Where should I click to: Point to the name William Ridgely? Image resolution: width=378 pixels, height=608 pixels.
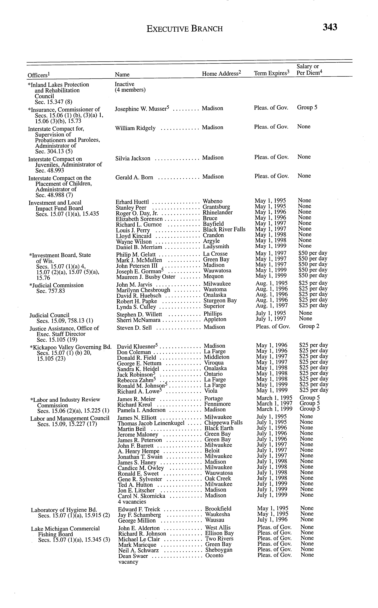pos(135,128)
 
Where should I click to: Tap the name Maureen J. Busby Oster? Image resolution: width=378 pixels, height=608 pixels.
pos(146,277)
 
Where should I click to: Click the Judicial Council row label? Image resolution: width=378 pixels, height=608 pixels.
pos(49,315)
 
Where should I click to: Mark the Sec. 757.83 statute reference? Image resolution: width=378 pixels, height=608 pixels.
pos(51,291)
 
